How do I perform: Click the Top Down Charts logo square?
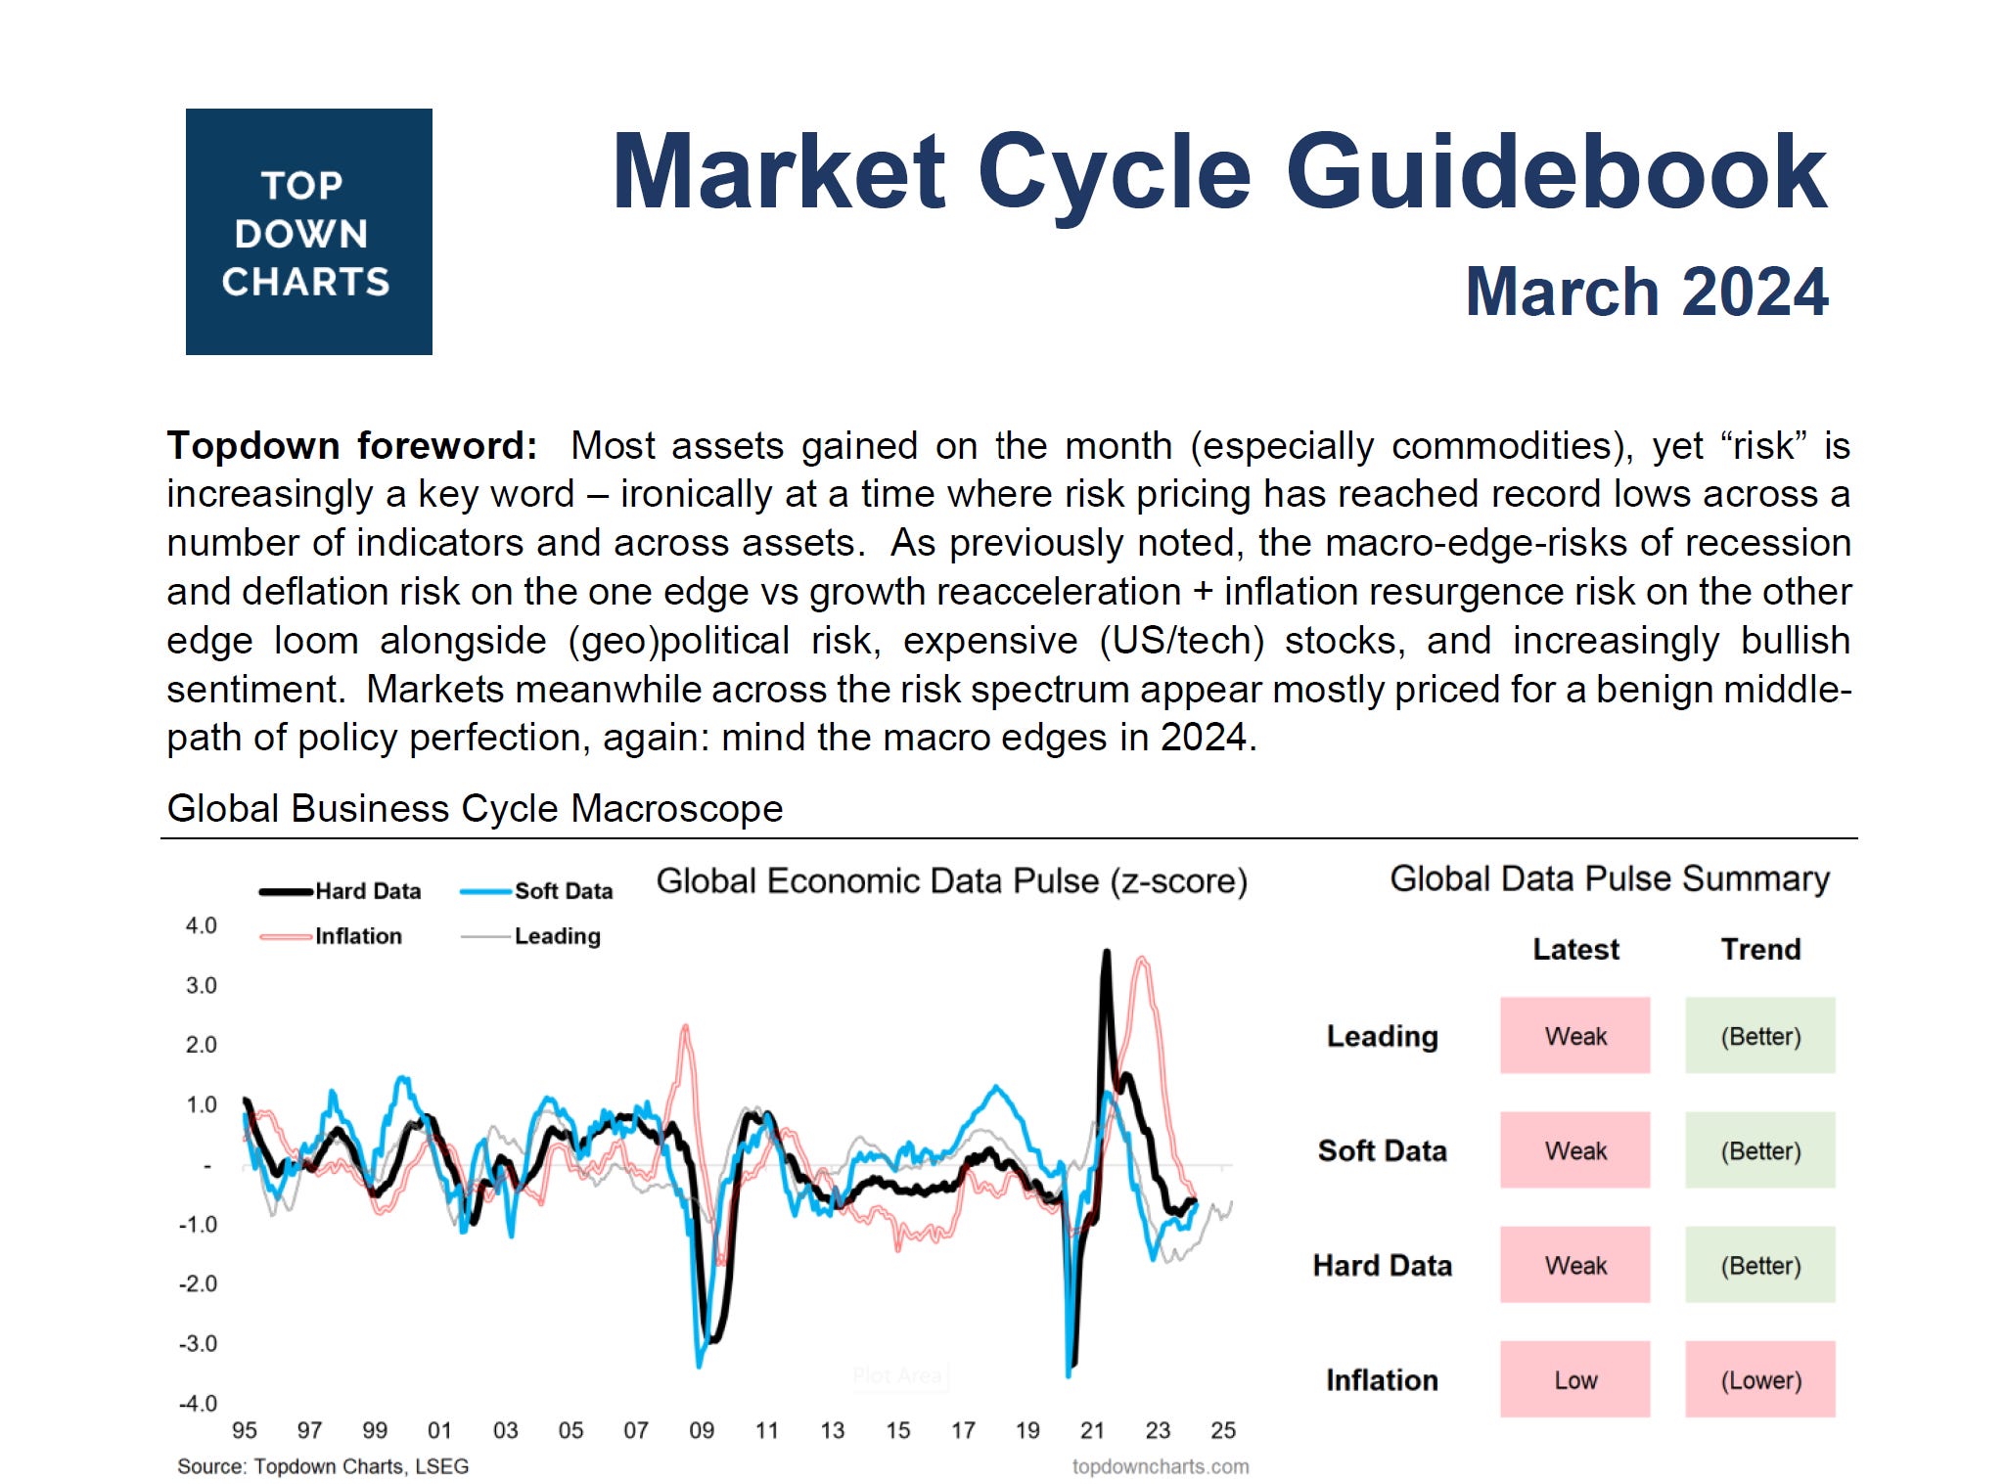[x=308, y=232]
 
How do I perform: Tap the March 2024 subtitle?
[x=1646, y=292]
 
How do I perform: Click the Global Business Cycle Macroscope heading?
[x=475, y=809]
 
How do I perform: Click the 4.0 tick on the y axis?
[x=201, y=925]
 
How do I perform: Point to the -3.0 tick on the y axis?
[x=198, y=1343]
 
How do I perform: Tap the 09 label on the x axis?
[x=702, y=1430]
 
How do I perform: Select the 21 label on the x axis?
[x=1092, y=1430]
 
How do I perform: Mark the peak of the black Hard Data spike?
[x=1107, y=952]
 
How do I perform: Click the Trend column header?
[x=1759, y=949]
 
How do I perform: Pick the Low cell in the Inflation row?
[x=1574, y=1379]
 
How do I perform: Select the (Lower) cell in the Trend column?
[x=1759, y=1379]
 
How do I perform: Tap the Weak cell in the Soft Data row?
[x=1574, y=1150]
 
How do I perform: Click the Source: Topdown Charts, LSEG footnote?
[x=323, y=1466]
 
